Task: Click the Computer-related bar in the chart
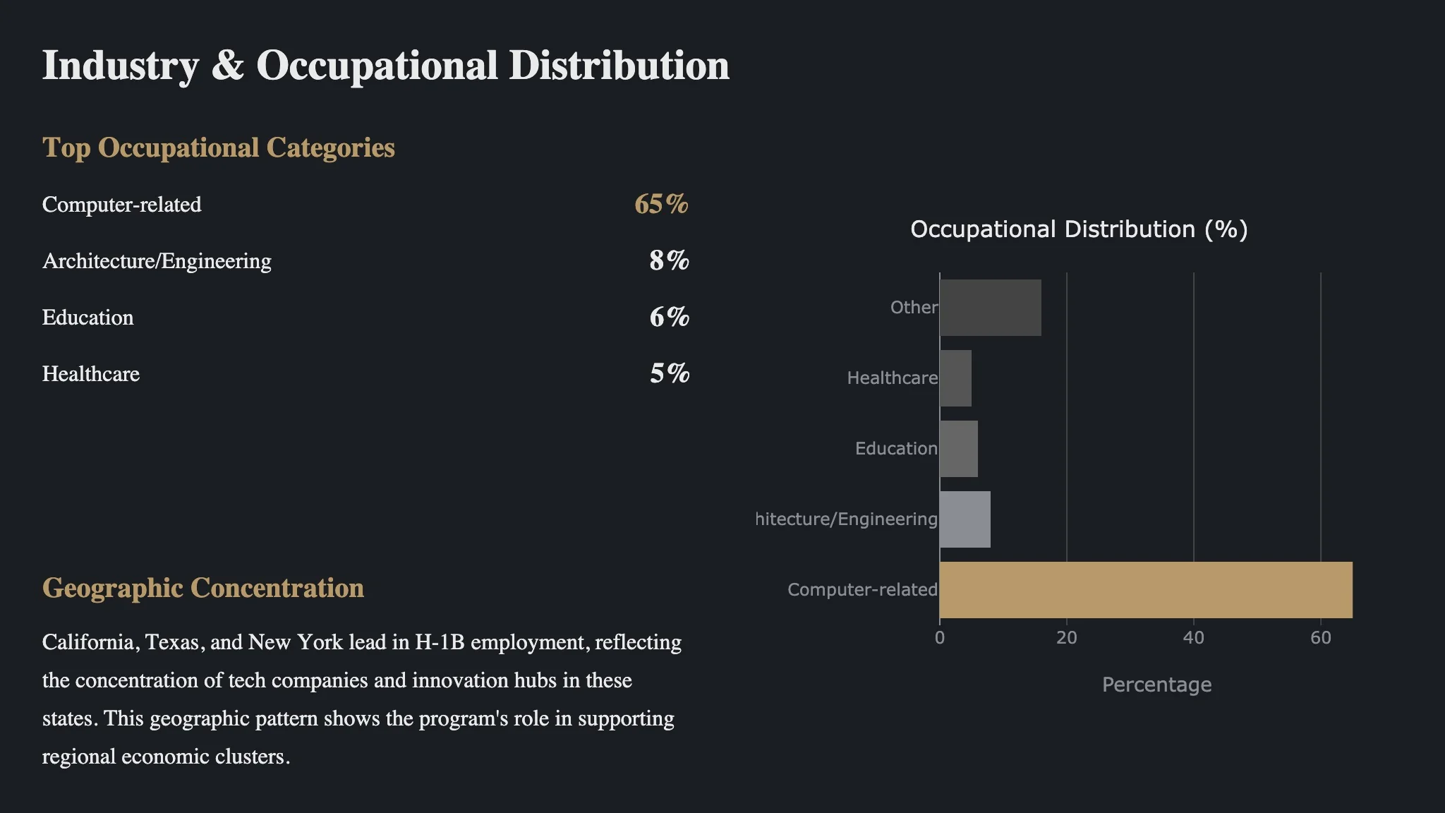pyautogui.click(x=1146, y=590)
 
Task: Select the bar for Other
pyautogui.click(x=990, y=308)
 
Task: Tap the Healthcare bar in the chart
pyautogui.click(x=955, y=378)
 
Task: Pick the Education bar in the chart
pyautogui.click(x=959, y=449)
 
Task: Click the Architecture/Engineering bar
pyautogui.click(x=965, y=519)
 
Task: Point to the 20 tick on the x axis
pyautogui.click(x=1066, y=638)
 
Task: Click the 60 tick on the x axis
pyautogui.click(x=1320, y=638)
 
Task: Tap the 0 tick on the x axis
pyautogui.click(x=940, y=638)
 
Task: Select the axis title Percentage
pyautogui.click(x=1156, y=685)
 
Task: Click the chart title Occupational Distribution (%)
pyautogui.click(x=1079, y=229)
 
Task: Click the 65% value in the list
pyautogui.click(x=661, y=205)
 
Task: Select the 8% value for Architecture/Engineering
pyautogui.click(x=669, y=261)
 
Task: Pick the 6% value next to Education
pyautogui.click(x=669, y=318)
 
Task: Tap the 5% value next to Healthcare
pyautogui.click(x=669, y=374)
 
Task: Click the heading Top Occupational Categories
pyautogui.click(x=218, y=148)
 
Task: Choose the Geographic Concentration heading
pyautogui.click(x=203, y=589)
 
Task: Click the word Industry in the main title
pyautogui.click(x=121, y=66)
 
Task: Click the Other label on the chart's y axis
pyautogui.click(x=914, y=308)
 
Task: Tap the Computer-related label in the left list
pyautogui.click(x=121, y=205)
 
